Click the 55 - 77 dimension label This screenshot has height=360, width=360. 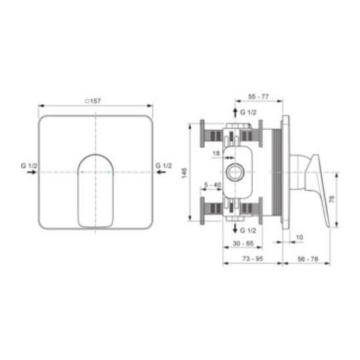pos(259,97)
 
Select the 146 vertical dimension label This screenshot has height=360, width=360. pos(185,173)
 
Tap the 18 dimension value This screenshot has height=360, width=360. pos(216,153)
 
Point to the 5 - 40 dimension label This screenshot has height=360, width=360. pos(213,185)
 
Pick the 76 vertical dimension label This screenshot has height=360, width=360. pos(332,199)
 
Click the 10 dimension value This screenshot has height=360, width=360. pos(300,237)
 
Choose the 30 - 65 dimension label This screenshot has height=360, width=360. pos(243,243)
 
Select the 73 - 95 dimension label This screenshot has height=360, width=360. pos(252,259)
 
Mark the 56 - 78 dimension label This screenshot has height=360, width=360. pos(307,259)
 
